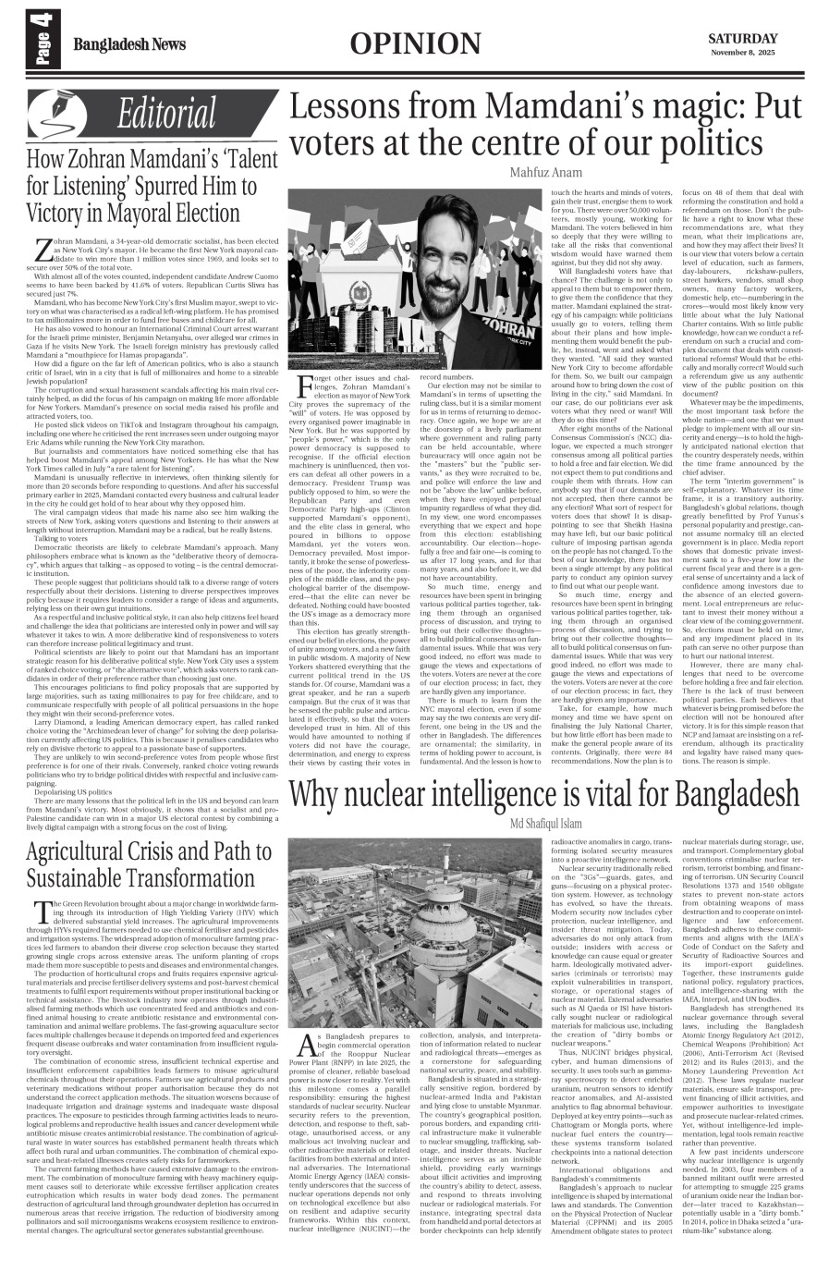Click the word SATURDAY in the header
pyautogui.click(x=742, y=38)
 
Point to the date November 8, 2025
pyautogui.click(x=742, y=53)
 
